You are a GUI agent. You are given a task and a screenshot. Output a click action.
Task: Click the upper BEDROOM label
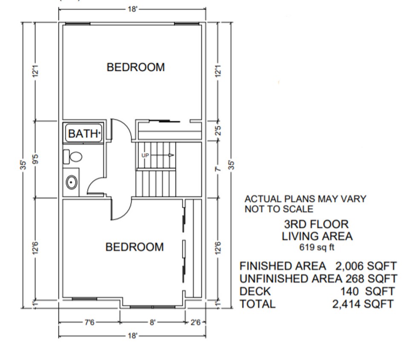136,67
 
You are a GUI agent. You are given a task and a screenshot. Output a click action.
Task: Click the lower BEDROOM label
134,247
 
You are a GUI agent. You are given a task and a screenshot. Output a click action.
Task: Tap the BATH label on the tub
84,134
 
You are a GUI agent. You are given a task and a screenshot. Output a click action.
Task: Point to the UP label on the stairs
145,155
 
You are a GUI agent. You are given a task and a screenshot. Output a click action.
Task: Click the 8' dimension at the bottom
152,322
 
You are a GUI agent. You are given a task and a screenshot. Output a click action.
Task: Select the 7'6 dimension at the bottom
89,322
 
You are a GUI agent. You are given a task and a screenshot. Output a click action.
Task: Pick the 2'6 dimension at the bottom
195,322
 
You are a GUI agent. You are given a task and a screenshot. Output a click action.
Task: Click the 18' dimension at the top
133,9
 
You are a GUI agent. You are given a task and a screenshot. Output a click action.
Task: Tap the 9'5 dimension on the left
36,159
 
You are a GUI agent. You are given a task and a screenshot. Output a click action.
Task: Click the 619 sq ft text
317,247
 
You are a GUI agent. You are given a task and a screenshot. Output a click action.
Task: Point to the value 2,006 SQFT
366,266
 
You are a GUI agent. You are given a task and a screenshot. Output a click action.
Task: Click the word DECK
255,292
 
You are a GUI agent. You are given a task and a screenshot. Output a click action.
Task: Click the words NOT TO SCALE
279,209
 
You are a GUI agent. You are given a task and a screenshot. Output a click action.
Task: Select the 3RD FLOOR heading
316,224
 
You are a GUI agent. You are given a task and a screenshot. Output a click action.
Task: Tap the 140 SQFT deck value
367,292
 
